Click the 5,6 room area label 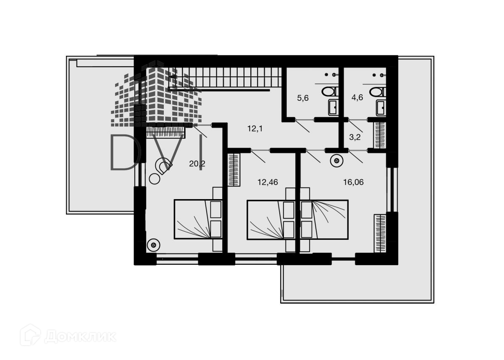click(x=303, y=98)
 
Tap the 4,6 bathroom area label click(x=357, y=98)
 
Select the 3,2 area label click(x=354, y=137)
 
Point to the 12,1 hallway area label click(x=255, y=129)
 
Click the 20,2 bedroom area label click(x=197, y=164)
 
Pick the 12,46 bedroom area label click(x=268, y=182)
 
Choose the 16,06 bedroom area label click(x=353, y=182)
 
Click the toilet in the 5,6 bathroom click(x=331, y=91)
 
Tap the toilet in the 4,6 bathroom click(x=378, y=92)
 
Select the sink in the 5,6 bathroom click(x=333, y=107)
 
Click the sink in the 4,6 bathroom click(x=381, y=108)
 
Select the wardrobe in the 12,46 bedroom click(x=234, y=170)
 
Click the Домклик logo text click(x=80, y=336)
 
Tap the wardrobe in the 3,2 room click(x=380, y=135)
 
